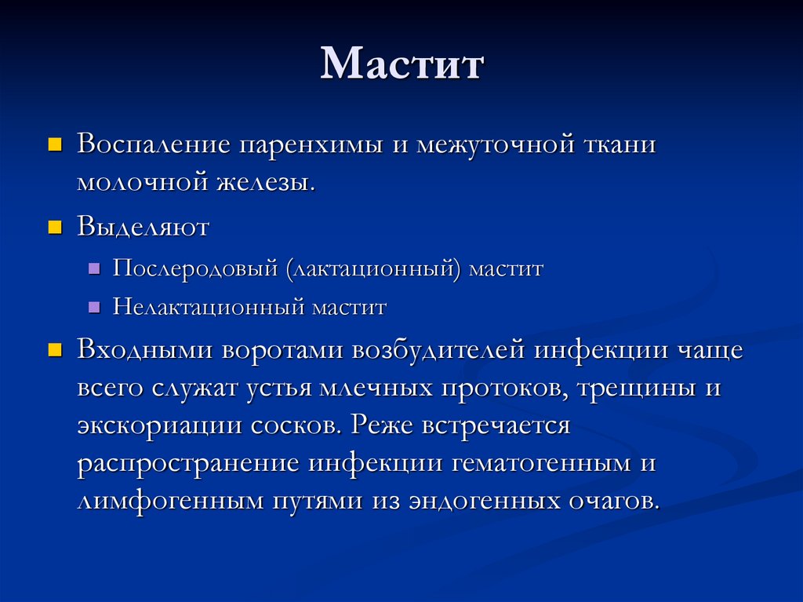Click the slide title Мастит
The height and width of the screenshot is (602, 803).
(402, 64)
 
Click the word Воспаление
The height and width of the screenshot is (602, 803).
(154, 144)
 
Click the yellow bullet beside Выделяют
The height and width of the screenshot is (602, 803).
(54, 227)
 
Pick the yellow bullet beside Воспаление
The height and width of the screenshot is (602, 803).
(54, 144)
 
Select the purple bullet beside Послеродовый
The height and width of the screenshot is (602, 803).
(94, 268)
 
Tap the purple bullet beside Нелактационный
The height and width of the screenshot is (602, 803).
(94, 307)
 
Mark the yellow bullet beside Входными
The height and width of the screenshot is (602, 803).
(54, 351)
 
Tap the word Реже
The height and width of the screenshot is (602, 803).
(382, 425)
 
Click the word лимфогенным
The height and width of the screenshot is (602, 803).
(170, 501)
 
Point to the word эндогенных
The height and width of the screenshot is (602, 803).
(485, 501)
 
